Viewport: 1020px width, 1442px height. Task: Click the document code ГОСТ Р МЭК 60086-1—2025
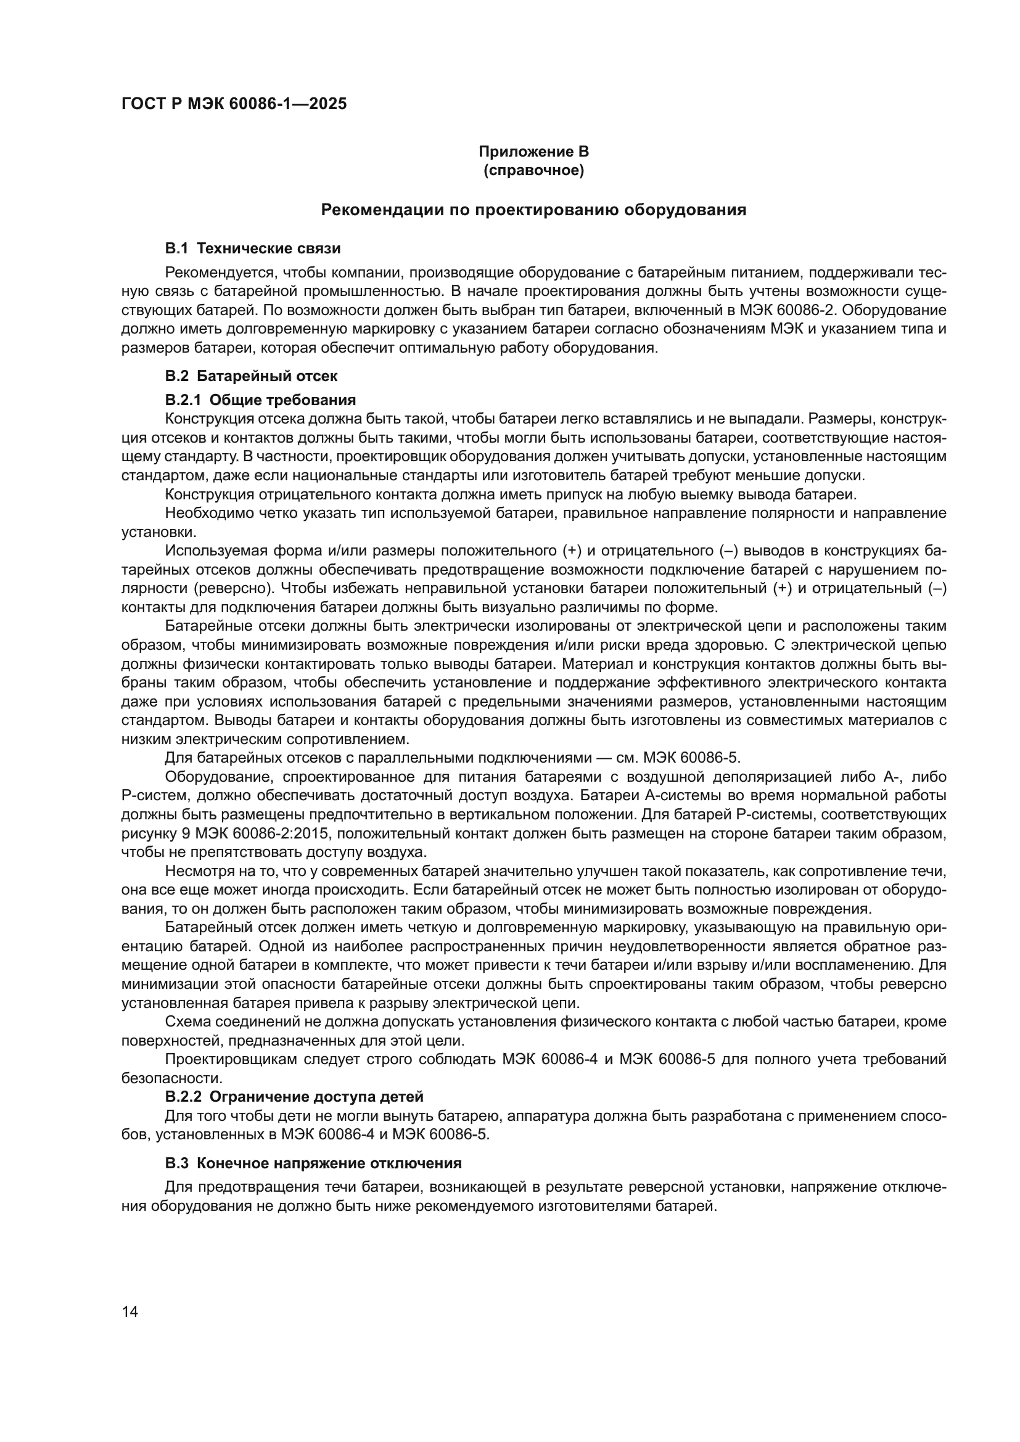click(234, 104)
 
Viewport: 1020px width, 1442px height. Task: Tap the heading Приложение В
click(533, 152)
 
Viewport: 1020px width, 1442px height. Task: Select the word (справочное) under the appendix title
click(533, 170)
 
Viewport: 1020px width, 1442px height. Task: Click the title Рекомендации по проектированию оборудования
click(533, 210)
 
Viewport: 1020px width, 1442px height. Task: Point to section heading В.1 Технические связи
click(252, 248)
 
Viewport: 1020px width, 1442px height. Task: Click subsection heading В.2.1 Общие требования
click(260, 400)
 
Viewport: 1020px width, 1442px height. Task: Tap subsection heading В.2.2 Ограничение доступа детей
click(294, 1097)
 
